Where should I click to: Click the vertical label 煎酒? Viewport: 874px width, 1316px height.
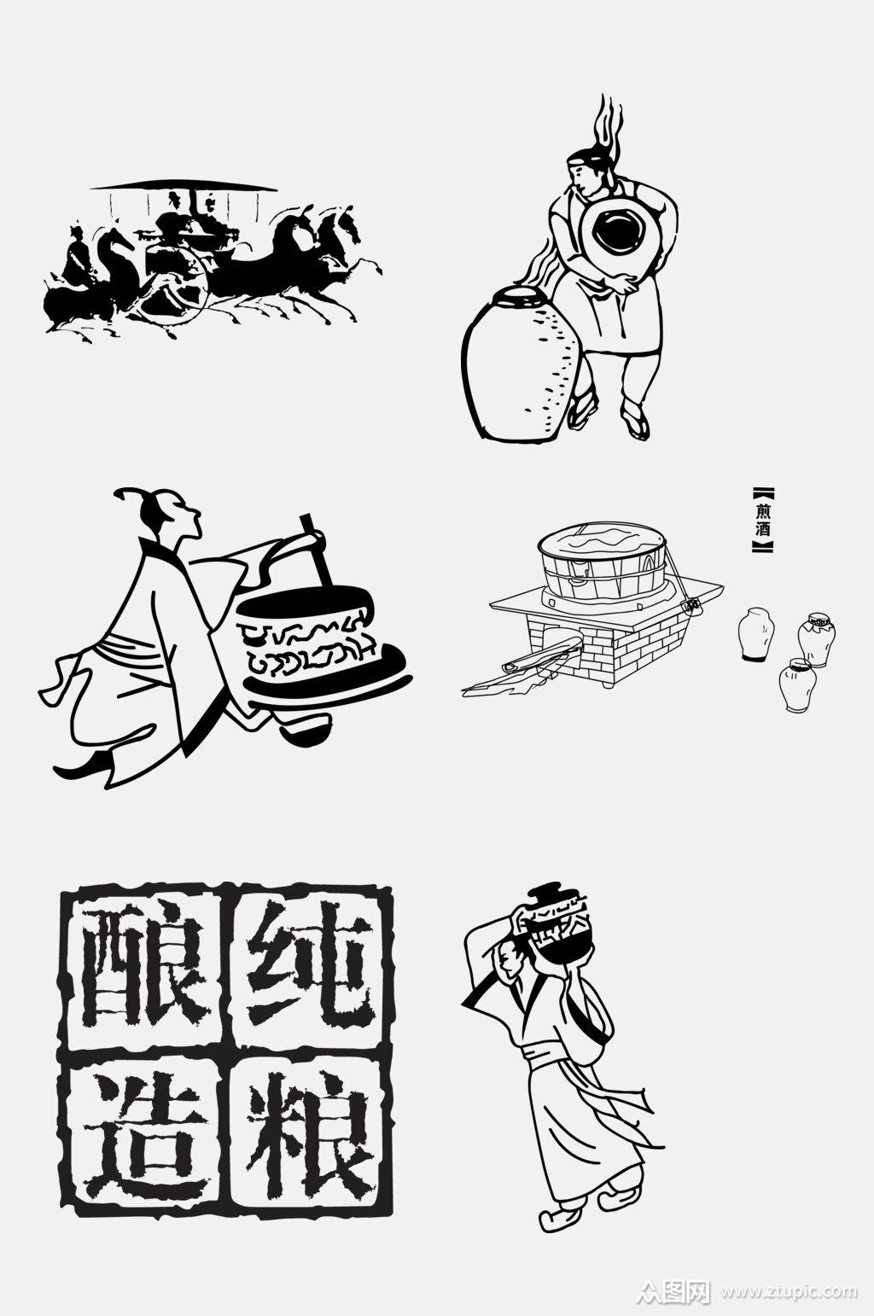(x=762, y=520)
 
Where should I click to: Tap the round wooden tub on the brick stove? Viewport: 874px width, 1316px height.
(x=601, y=554)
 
